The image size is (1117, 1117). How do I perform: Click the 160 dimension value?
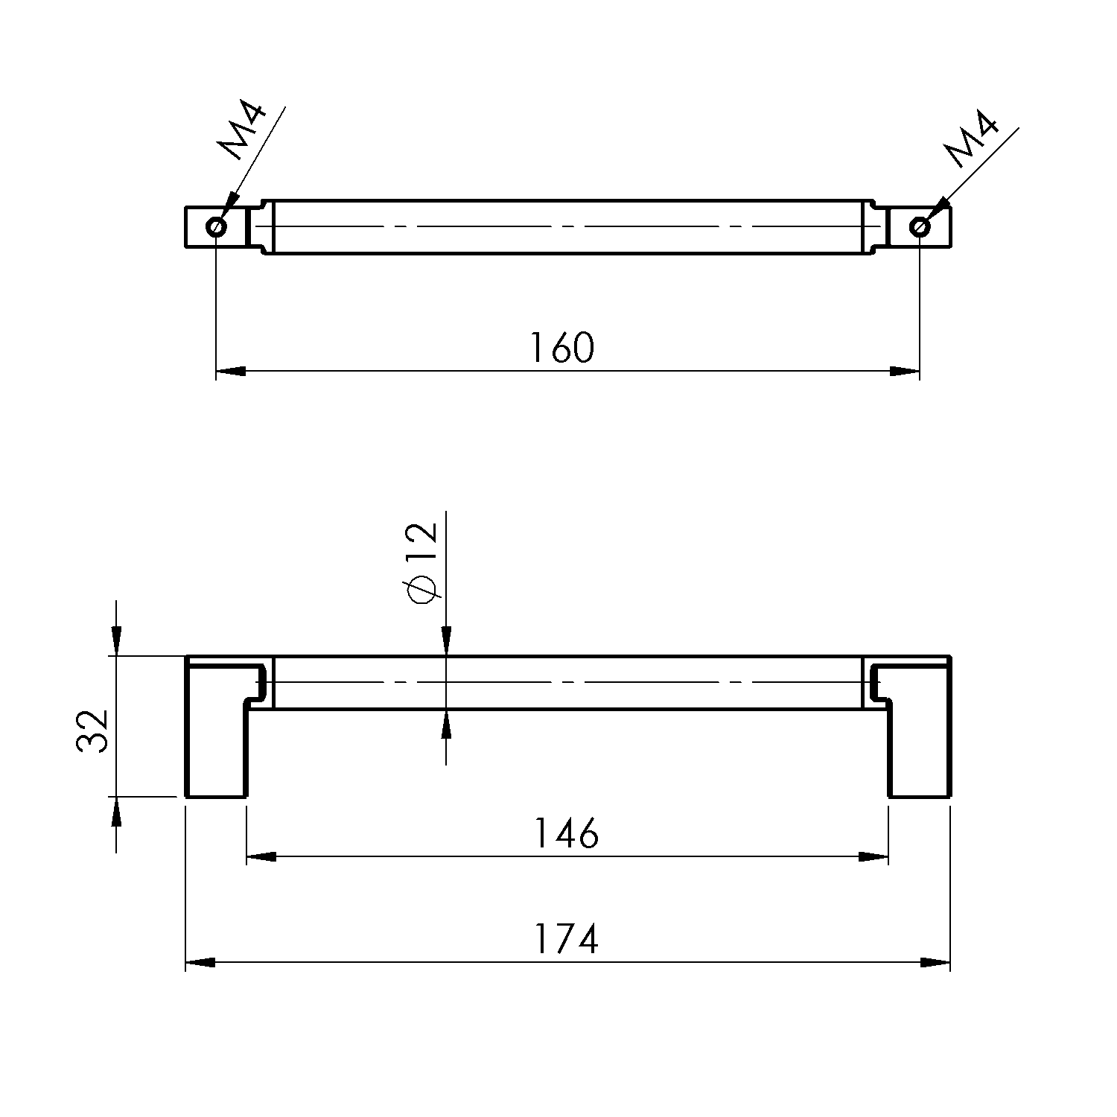coord(562,348)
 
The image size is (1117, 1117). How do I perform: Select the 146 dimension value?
coord(566,833)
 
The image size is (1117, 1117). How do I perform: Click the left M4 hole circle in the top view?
coord(216,226)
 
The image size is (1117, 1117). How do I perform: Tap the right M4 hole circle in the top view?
coord(920,226)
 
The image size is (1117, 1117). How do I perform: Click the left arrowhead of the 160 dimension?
coord(231,371)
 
